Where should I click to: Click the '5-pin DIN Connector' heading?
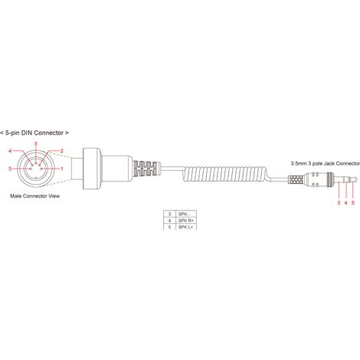coord(34,133)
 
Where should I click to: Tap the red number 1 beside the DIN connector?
coord(62,169)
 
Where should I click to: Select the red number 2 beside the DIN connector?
coord(61,151)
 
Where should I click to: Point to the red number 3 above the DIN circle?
coord(36,144)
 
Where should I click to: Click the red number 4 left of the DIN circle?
coord(10,151)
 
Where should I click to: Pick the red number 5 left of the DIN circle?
coord(10,169)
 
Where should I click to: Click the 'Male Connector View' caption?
coord(35,196)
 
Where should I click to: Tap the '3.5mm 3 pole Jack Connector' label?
coord(326,163)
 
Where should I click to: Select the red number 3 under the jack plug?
coord(339,203)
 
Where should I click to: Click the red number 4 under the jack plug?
coord(346,203)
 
